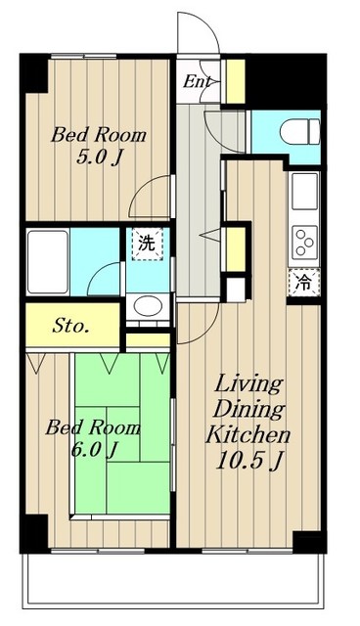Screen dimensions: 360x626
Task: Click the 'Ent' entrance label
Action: pos(197,82)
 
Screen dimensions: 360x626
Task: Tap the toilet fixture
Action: pos(299,132)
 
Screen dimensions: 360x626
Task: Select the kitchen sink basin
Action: pos(304,192)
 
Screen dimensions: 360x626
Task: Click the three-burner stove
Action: pos(304,242)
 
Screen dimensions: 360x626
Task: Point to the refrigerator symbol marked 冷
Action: pos(304,283)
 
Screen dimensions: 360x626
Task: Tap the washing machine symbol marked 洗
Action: pos(148,244)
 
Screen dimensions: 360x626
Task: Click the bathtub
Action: pos(48,262)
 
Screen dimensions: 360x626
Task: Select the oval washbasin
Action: pos(148,306)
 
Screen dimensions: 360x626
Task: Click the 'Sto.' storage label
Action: pos(70,327)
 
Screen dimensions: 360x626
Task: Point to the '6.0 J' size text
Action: pos(93,450)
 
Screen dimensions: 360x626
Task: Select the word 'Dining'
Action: pos(249,409)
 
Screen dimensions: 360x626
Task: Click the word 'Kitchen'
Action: pos(247,434)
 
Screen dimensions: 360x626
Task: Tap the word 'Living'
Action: pos(249,384)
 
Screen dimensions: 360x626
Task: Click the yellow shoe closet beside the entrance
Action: pos(236,81)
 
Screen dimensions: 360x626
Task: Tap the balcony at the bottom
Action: pos(173,580)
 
